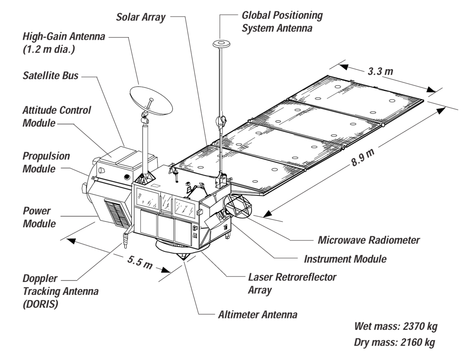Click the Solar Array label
click(x=141, y=17)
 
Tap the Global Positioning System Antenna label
click(x=282, y=22)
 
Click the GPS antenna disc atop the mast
click(x=221, y=44)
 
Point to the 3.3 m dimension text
click(x=380, y=71)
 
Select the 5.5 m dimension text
click(x=140, y=262)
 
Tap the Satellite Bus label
click(x=50, y=76)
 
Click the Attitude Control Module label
click(x=57, y=117)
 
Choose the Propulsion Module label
click(x=46, y=162)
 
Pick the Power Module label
click(x=39, y=217)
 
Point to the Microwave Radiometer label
click(x=368, y=240)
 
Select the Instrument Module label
click(x=345, y=259)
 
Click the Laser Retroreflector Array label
click(x=292, y=284)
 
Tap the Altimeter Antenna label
click(x=258, y=315)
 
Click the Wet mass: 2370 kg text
click(x=396, y=327)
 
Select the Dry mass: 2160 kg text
click(x=394, y=342)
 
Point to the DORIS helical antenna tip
click(x=125, y=246)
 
